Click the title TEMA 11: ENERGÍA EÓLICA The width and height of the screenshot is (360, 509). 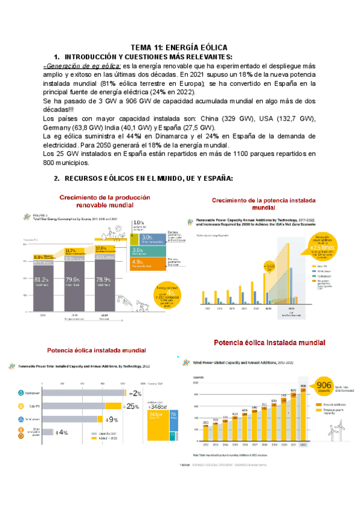tap(179, 47)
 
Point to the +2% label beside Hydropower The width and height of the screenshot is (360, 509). tap(136, 393)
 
